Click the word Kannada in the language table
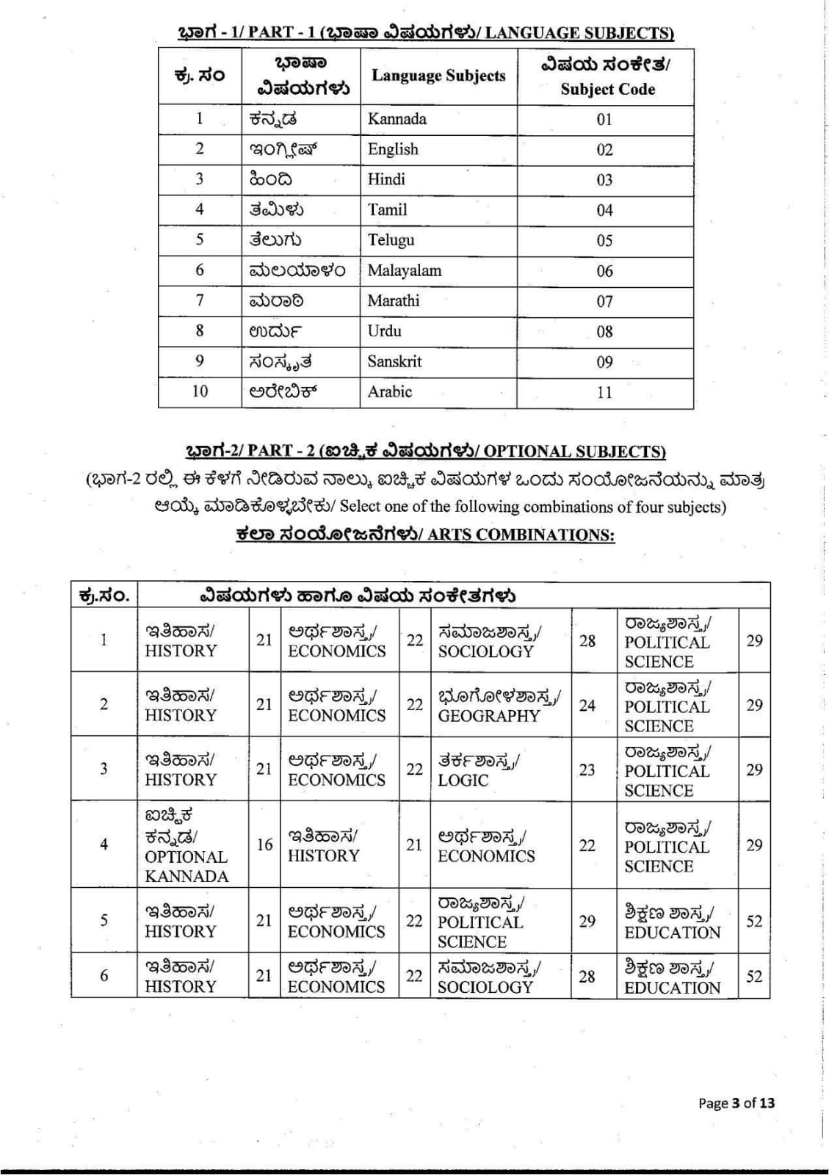[397, 119]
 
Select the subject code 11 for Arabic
[604, 392]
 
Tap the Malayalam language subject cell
[404, 270]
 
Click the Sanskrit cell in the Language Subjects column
[394, 361]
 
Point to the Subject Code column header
[607, 76]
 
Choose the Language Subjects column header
[438, 76]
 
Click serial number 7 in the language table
[199, 300]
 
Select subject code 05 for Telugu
[604, 240]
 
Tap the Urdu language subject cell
[384, 330]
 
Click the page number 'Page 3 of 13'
[736, 1102]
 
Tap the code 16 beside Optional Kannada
[264, 845]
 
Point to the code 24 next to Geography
[587, 705]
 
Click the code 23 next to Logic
[587, 770]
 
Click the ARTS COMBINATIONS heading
[425, 534]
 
